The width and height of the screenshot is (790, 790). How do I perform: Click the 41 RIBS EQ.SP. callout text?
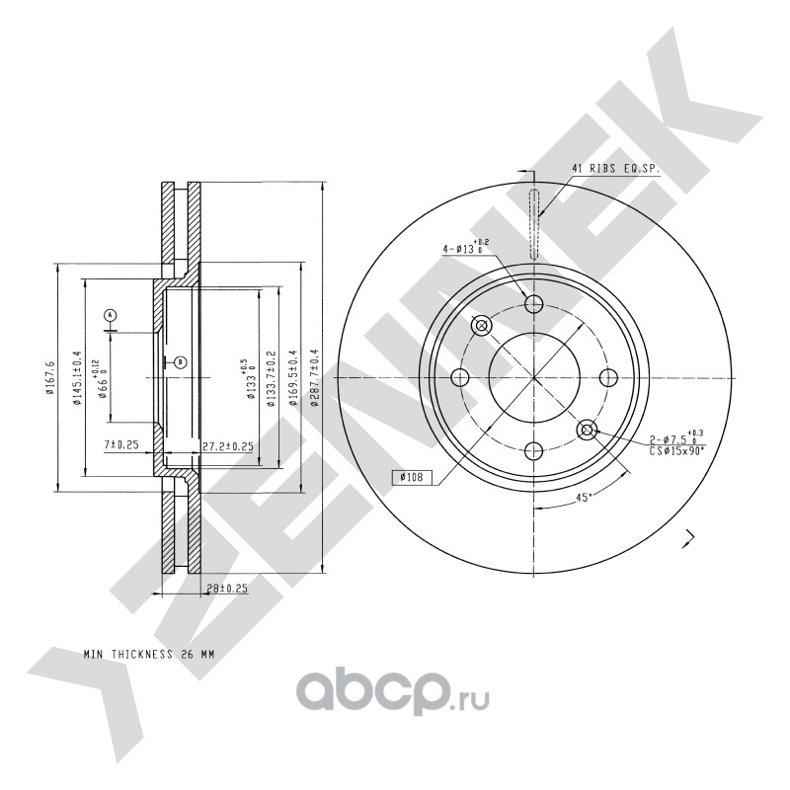[x=615, y=169]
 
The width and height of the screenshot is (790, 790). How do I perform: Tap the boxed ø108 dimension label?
[x=411, y=477]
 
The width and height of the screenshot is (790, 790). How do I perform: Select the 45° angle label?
[x=584, y=498]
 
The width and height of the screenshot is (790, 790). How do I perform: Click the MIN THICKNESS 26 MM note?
[x=149, y=655]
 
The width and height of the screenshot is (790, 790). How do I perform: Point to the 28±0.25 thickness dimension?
[x=228, y=588]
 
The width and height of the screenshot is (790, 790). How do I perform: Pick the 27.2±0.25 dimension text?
[x=228, y=446]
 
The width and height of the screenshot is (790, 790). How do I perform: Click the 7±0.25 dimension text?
[x=120, y=445]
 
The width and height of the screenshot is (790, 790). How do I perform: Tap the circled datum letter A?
[x=111, y=315]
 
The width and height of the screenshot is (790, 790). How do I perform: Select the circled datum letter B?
[x=181, y=361]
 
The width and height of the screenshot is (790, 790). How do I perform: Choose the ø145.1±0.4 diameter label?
[x=77, y=378]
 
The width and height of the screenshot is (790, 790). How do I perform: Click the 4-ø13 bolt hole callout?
[x=465, y=247]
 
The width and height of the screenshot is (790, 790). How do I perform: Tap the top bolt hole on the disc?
[x=533, y=304]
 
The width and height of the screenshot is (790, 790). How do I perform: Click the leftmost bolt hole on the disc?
[x=460, y=377]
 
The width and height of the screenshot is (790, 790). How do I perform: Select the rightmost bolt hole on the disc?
[x=608, y=377]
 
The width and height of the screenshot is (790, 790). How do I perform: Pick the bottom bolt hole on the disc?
[x=533, y=451]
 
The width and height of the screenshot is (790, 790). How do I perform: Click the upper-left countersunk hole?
[x=481, y=326]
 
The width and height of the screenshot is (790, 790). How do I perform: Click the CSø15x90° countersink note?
[x=677, y=451]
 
